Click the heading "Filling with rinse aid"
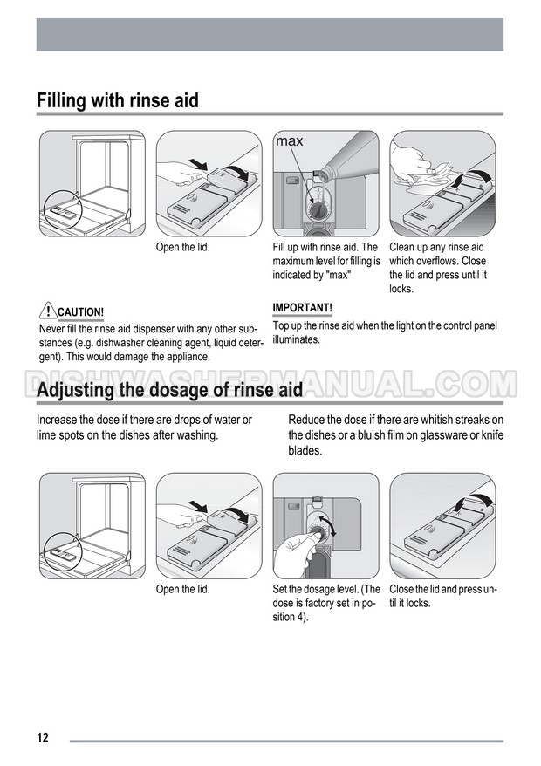(118, 100)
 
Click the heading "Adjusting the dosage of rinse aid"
(169, 390)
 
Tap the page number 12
(43, 738)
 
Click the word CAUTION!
(80, 312)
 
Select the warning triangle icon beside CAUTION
(48, 311)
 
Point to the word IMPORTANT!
(303, 308)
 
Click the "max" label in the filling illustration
(290, 141)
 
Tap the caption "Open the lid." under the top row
(182, 247)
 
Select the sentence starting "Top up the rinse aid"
(385, 332)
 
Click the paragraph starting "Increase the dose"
(144, 427)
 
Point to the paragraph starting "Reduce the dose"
(396, 434)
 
